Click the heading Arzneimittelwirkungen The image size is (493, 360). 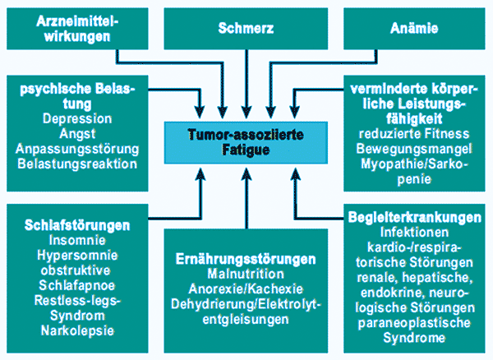pyautogui.click(x=74, y=28)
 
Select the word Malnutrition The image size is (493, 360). pyautogui.click(x=246, y=274)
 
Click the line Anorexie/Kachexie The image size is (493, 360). pyautogui.click(x=246, y=288)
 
